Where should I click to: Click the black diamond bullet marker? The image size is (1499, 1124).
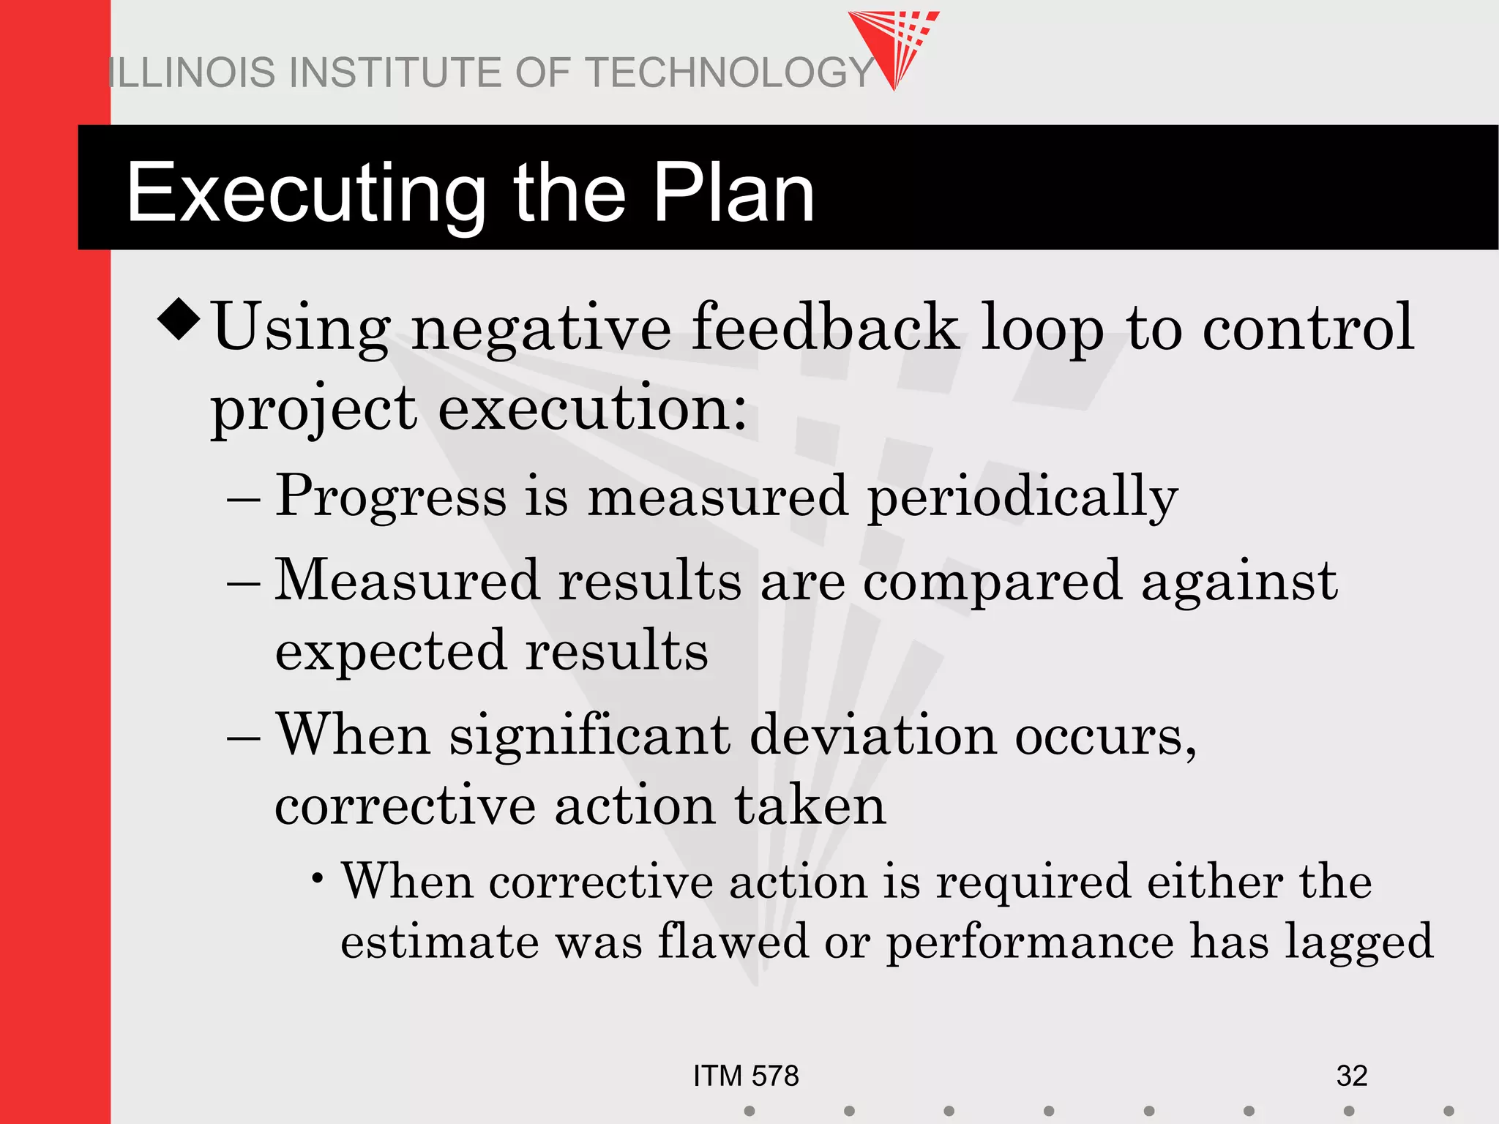point(179,320)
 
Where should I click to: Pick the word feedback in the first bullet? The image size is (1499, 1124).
point(825,327)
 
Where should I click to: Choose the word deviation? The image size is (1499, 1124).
point(873,735)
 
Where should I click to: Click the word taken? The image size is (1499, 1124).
point(810,805)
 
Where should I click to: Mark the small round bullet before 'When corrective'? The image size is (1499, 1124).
point(317,877)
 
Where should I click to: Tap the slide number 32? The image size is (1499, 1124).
point(1351,1076)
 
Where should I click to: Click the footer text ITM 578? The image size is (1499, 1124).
point(746,1076)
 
